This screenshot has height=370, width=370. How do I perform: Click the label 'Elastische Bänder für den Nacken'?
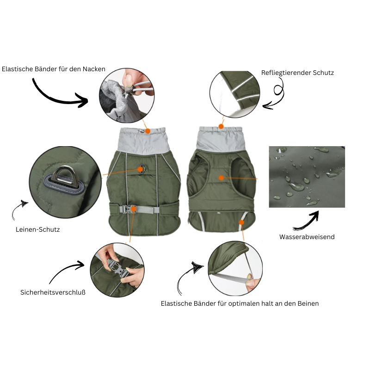pos(54,69)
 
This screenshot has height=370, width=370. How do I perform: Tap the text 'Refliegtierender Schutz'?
pos(297,73)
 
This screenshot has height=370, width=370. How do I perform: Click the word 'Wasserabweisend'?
pos(307,237)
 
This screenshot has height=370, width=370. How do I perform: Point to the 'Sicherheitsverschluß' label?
pos(53,292)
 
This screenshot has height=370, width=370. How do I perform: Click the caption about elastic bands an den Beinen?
pos(240,304)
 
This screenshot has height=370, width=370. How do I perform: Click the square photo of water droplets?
pos(307,177)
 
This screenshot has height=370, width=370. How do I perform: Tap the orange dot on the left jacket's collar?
pos(148,131)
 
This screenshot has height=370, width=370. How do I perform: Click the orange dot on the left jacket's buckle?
pos(133,209)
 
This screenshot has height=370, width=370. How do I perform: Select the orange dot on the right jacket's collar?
pos(221,126)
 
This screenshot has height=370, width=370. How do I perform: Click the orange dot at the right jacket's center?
pos(221,178)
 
